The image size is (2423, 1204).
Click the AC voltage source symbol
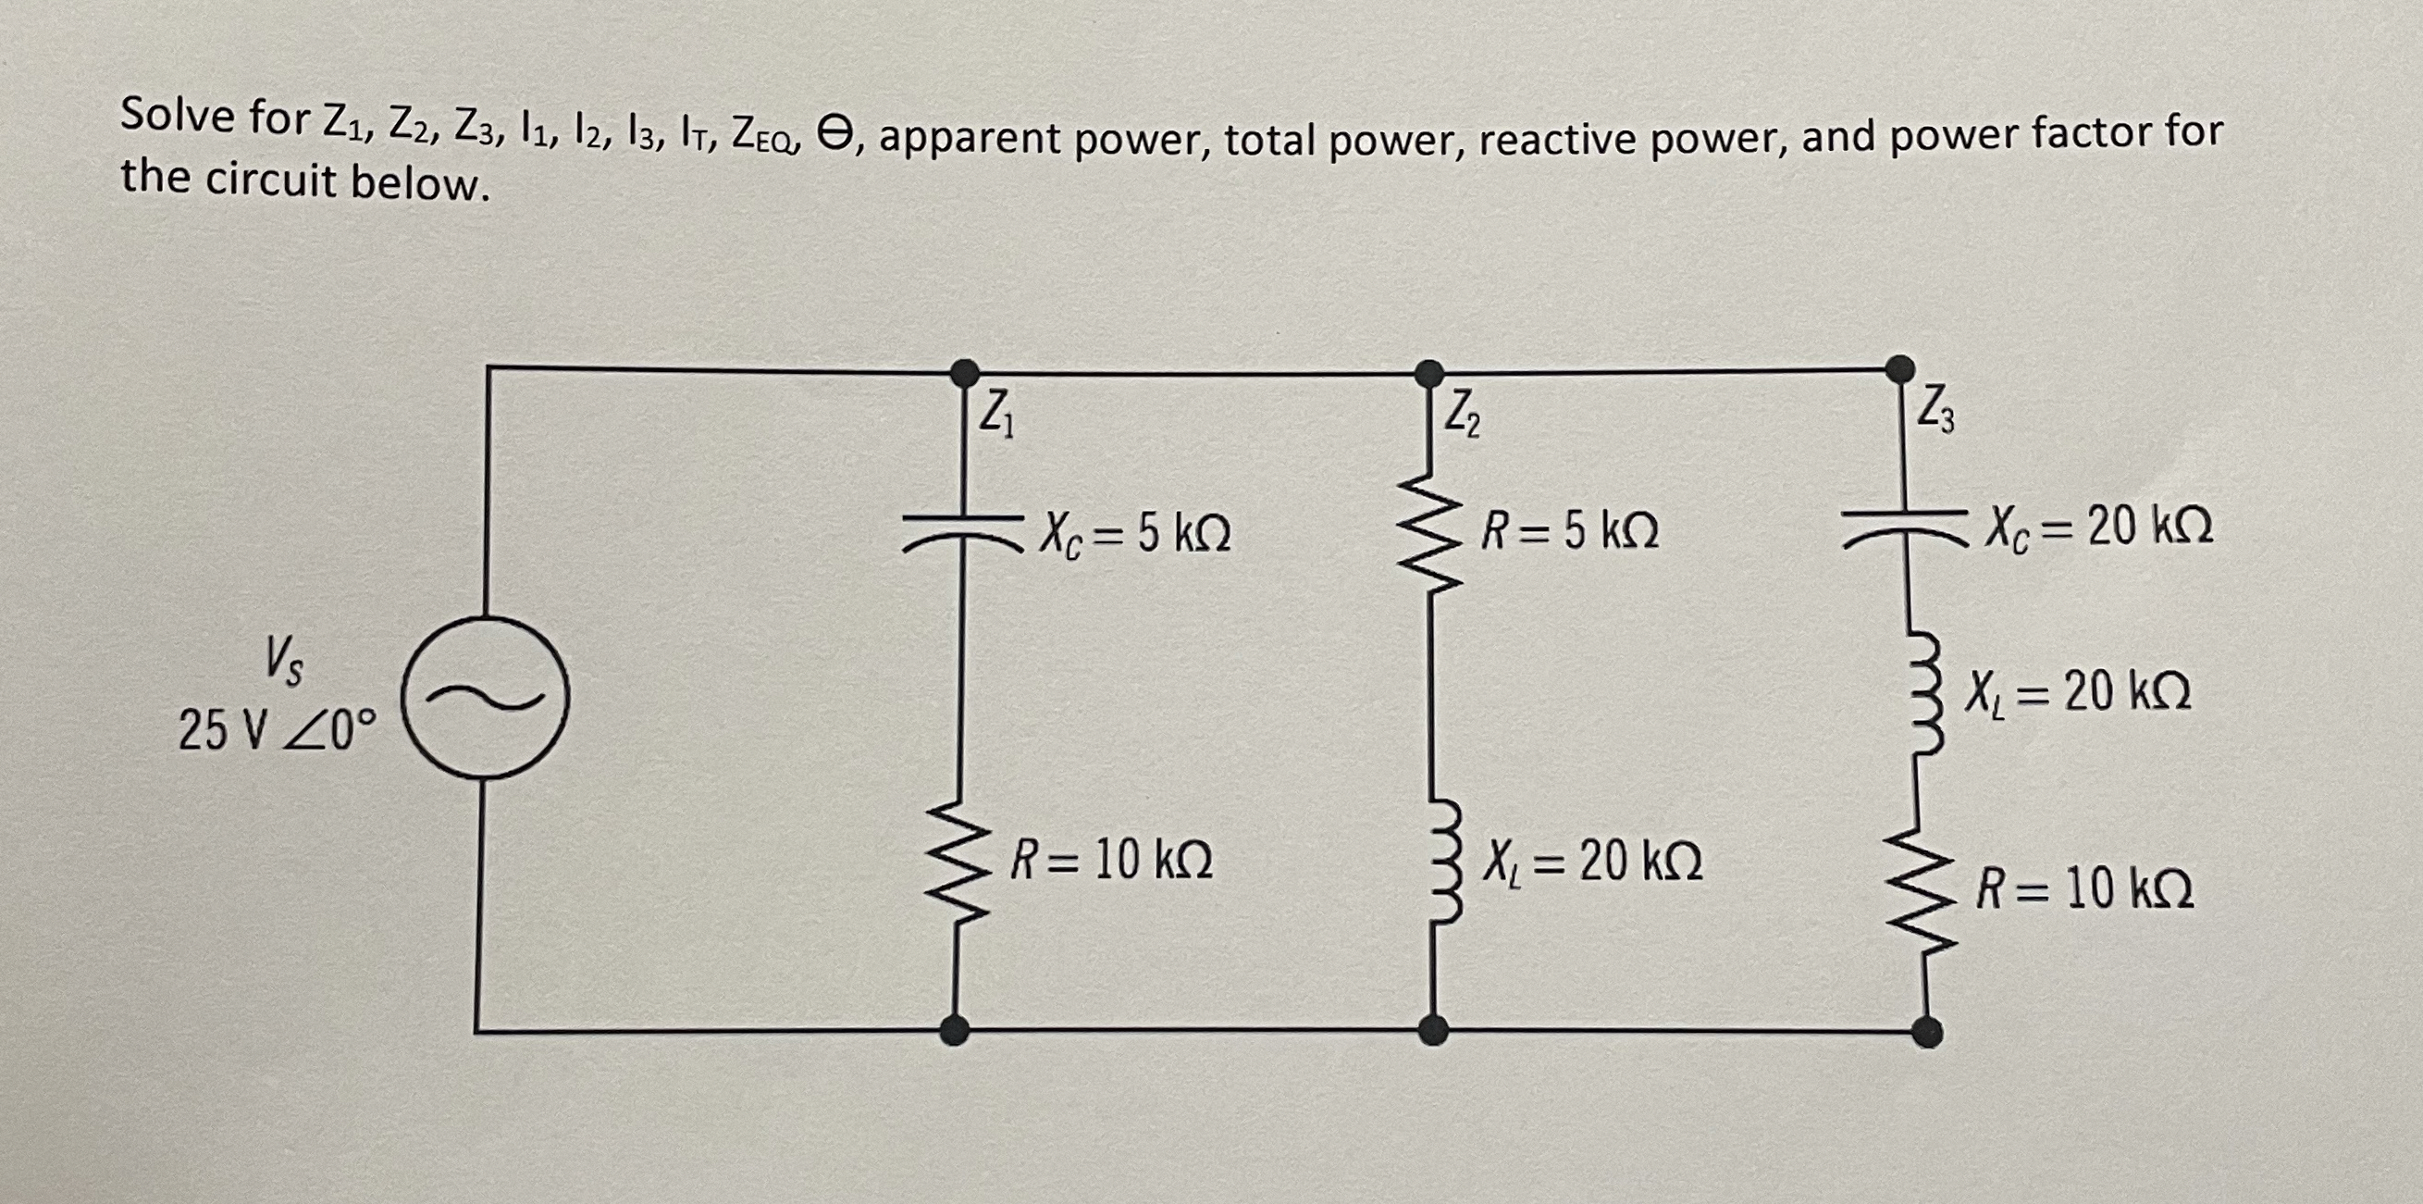point(486,697)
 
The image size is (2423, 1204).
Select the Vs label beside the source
point(283,661)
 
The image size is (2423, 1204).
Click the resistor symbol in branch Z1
point(958,860)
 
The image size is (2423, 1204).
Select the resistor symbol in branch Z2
point(1429,531)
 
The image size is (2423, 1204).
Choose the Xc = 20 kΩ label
point(2098,528)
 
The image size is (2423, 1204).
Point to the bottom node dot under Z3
point(1926,1031)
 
